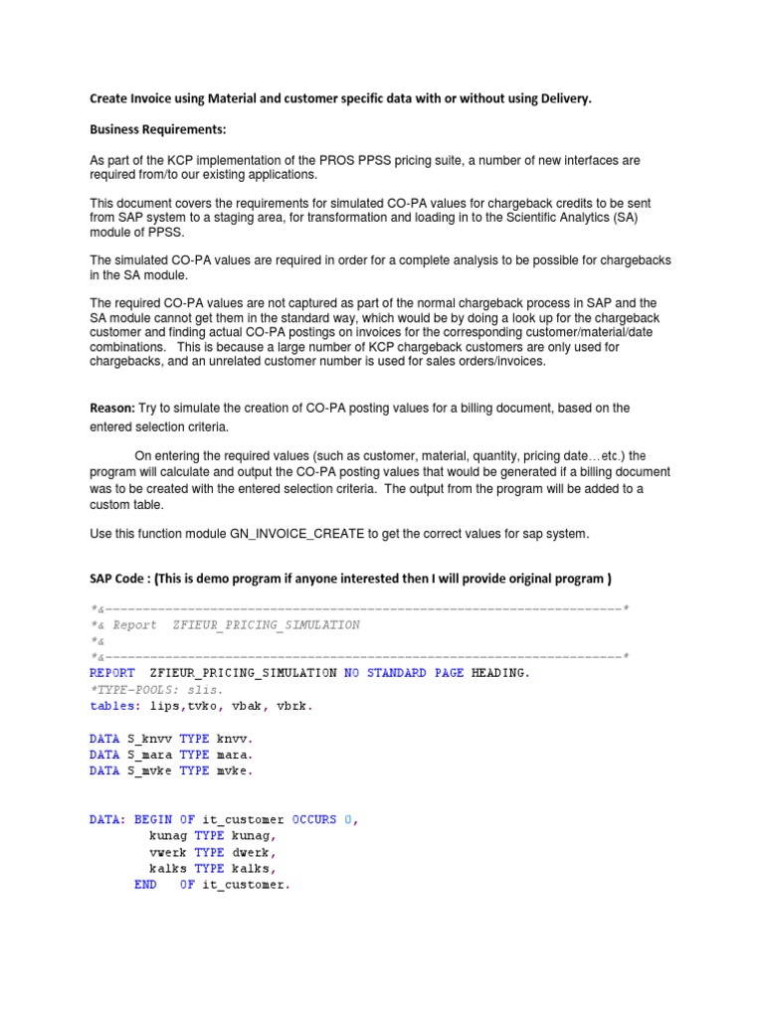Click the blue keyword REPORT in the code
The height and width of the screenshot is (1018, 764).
point(112,673)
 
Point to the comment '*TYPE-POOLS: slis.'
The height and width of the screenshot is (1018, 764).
point(156,689)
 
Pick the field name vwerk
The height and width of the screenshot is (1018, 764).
point(168,852)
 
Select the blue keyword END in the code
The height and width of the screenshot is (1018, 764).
point(145,885)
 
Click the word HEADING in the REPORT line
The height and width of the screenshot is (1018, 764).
point(498,673)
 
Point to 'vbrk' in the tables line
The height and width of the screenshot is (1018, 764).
point(295,706)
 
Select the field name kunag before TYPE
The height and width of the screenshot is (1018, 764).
point(168,836)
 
